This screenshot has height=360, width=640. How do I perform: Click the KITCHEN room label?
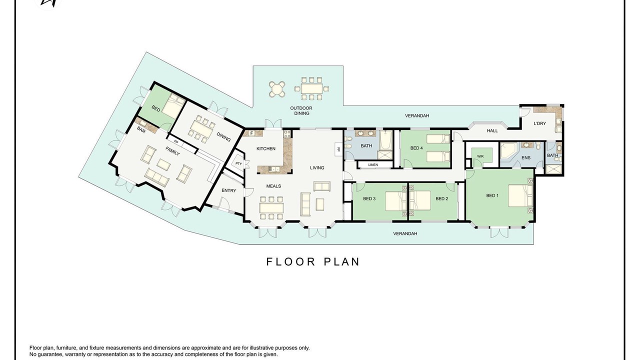click(265, 148)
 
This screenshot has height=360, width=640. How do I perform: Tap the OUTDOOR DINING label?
click(301, 110)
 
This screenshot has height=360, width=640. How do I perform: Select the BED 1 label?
click(492, 195)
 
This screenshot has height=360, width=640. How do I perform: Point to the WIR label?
click(480, 156)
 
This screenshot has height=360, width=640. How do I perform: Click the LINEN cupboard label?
click(373, 164)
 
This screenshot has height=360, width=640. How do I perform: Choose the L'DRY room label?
click(539, 123)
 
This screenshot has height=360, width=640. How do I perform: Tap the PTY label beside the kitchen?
click(238, 163)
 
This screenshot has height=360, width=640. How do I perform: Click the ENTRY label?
click(229, 190)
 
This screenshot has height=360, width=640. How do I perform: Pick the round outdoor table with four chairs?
click(277, 89)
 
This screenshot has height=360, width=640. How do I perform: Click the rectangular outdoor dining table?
click(311, 88)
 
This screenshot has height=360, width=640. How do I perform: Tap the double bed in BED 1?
click(520, 195)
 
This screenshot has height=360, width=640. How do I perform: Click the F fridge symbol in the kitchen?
click(251, 133)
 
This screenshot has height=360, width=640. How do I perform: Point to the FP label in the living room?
click(338, 149)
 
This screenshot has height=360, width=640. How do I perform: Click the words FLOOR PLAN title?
click(313, 261)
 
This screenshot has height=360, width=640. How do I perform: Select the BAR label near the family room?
click(141, 129)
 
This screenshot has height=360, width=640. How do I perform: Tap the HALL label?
click(492, 130)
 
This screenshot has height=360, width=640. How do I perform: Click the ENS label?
click(526, 157)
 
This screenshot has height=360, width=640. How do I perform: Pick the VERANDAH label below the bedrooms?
click(405, 233)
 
